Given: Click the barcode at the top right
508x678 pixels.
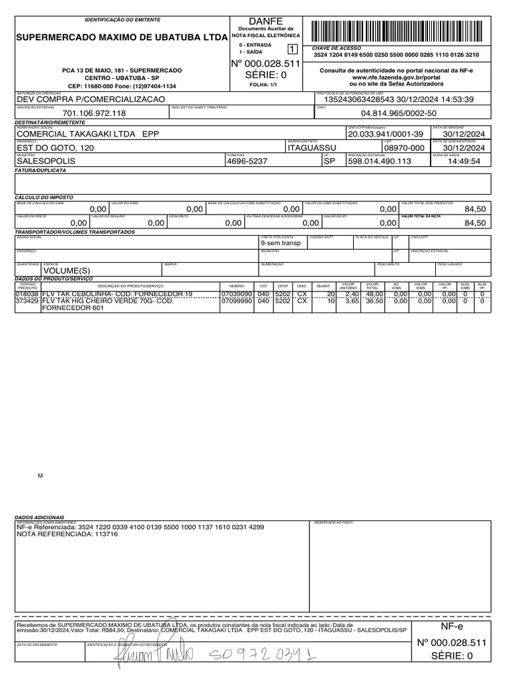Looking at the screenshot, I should pyautogui.click(x=400, y=32).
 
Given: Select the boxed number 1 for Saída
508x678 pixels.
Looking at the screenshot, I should pyautogui.click(x=292, y=48).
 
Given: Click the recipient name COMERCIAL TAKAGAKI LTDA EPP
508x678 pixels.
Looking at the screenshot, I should pyautogui.click(x=88, y=134).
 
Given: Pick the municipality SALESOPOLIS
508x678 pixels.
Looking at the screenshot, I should pyautogui.click(x=46, y=161).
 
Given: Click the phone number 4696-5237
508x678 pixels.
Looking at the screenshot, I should pyautogui.click(x=247, y=161).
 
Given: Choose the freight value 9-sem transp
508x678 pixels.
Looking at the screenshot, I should pyautogui.click(x=281, y=243).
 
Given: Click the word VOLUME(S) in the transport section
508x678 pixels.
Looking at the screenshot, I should pyautogui.click(x=66, y=271).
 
